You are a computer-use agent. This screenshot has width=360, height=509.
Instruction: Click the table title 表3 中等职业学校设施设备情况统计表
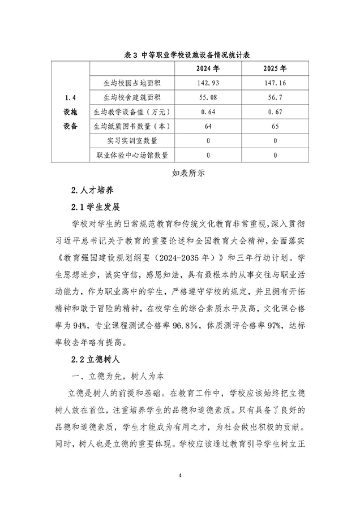point(179,55)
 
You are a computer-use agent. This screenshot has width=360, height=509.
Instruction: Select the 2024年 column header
point(208,69)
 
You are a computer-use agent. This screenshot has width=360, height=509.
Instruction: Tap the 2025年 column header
point(275,69)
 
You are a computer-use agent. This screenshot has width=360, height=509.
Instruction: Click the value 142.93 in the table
point(208,83)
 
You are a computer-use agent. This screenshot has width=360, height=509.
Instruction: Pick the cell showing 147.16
point(275,83)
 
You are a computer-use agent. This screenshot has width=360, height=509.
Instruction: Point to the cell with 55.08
point(208,97)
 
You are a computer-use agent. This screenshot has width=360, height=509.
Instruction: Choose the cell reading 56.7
point(275,97)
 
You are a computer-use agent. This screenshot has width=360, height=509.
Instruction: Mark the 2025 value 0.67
point(275,111)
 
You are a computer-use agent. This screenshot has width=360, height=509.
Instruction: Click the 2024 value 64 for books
point(208,126)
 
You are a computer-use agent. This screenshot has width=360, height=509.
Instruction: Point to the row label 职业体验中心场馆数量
point(132,154)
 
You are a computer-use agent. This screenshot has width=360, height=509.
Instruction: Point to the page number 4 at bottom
point(179,474)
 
